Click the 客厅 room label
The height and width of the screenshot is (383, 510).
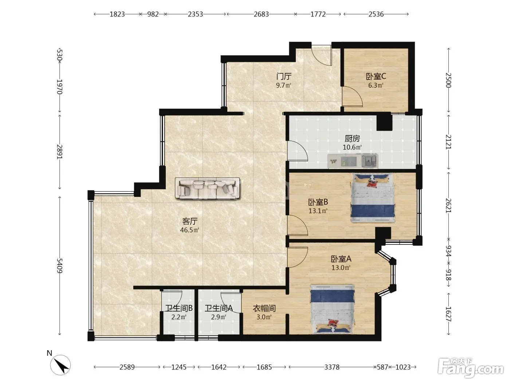190,221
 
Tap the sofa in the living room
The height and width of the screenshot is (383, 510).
207,188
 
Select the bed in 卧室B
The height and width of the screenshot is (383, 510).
373,198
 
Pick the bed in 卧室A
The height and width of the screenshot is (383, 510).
333,309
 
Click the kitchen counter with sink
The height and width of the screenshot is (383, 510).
353,161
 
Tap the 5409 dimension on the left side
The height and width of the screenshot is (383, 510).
59,266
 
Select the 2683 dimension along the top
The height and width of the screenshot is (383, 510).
261,14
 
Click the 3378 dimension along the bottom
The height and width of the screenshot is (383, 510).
332,367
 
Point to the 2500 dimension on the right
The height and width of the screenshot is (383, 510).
448,80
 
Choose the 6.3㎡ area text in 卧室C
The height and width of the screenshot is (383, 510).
376,85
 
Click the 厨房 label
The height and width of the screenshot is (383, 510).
352,139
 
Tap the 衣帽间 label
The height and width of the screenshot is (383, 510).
264,308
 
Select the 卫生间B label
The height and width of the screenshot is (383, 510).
179,308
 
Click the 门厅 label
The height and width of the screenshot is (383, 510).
284,76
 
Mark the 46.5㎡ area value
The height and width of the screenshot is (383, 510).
189,230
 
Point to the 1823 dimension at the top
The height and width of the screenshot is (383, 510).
117,14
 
